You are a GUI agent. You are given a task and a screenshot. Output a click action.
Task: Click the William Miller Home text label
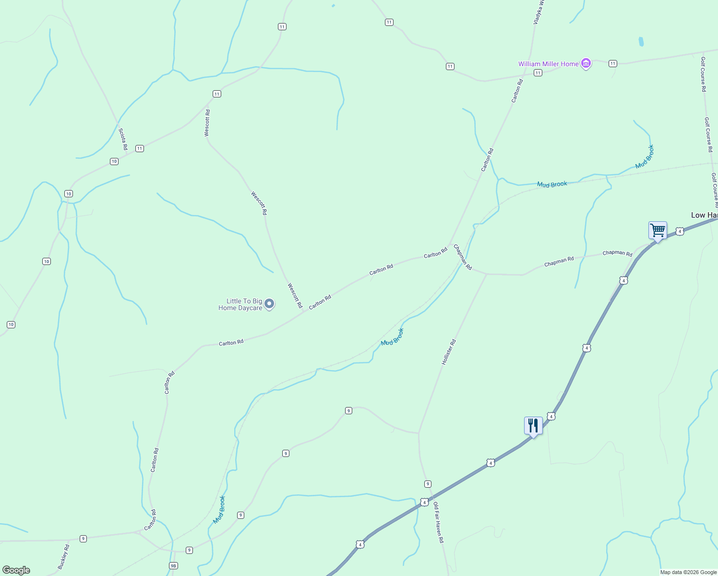(548, 64)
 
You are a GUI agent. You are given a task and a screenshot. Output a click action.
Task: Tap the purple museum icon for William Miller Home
(586, 63)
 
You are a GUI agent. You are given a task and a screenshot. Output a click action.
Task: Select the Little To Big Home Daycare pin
(269, 303)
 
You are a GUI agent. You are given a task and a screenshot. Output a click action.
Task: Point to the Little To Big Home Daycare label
(240, 305)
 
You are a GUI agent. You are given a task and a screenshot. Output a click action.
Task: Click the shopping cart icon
(658, 231)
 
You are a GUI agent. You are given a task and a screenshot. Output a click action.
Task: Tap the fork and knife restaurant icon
(533, 426)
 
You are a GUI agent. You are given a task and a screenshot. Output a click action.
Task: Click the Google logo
(16, 570)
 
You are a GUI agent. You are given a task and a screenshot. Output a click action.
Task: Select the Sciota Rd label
(123, 139)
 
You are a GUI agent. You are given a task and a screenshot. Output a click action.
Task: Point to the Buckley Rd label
(63, 557)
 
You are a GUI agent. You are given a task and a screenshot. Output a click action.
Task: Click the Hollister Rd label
(449, 352)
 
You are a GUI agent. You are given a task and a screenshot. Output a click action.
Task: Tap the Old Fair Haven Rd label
(439, 523)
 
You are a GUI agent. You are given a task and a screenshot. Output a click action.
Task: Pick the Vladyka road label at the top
(538, 12)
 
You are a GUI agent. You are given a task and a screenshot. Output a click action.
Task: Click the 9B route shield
(173, 565)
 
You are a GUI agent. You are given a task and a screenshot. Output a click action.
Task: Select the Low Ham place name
(704, 215)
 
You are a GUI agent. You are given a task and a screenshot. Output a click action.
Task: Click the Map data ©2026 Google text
(688, 572)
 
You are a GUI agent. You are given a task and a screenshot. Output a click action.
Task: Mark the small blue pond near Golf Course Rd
(641, 42)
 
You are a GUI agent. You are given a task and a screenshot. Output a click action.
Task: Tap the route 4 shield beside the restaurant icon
(551, 417)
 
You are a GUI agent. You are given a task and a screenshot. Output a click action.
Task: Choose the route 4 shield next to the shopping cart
(680, 231)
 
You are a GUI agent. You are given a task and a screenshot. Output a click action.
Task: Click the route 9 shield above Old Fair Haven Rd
(428, 484)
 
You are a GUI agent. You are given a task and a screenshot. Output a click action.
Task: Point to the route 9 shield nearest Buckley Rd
(84, 539)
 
